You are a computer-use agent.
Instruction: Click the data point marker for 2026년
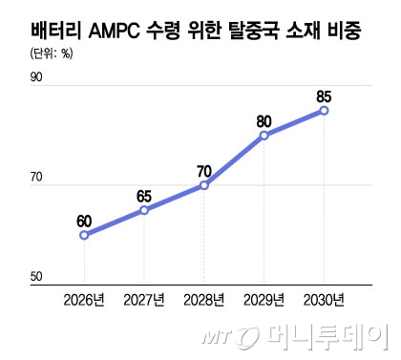coord(84,234)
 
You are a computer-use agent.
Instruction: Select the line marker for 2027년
coord(144,210)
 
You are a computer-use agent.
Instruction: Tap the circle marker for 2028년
coord(203,185)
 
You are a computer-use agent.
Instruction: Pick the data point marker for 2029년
coord(264,136)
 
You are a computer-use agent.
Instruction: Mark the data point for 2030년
coord(325,111)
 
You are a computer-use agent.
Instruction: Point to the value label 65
coord(144,197)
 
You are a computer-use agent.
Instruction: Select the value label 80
coord(264,121)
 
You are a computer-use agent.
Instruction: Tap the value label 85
coord(325,96)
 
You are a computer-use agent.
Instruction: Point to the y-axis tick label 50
coord(37,278)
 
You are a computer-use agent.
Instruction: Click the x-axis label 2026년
coord(84,301)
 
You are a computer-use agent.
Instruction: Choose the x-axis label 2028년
coord(203,301)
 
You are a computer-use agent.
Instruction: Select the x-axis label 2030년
coord(325,301)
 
